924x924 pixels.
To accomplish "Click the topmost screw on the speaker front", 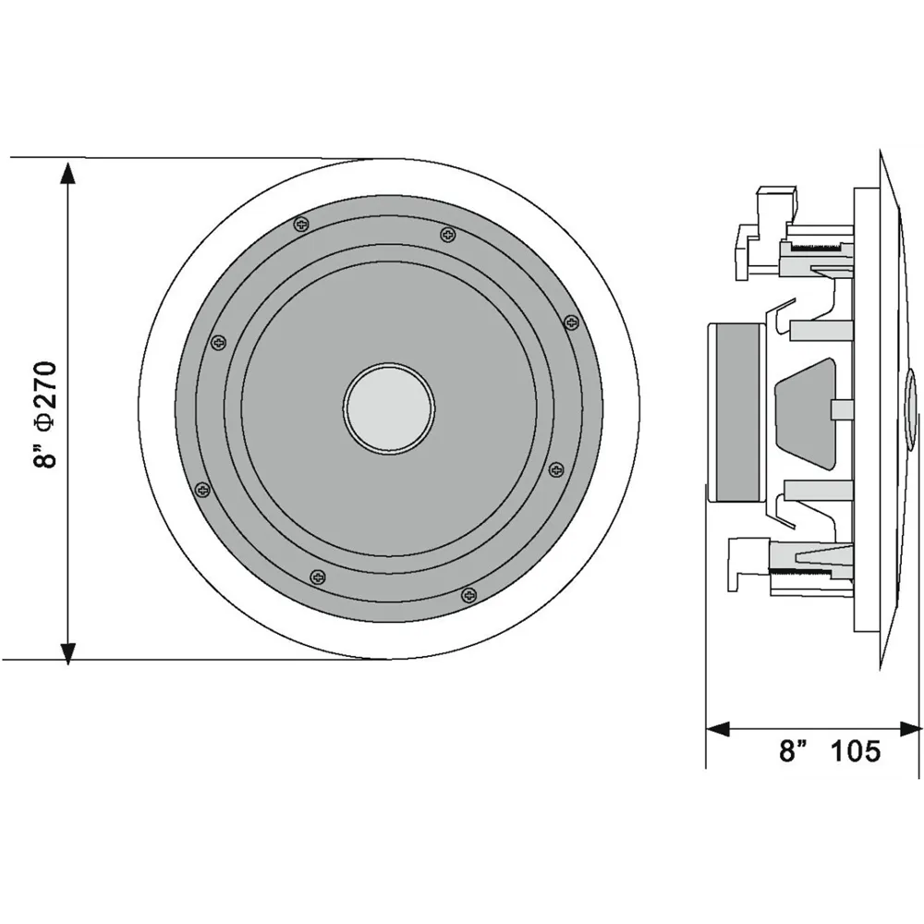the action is pos(302,224).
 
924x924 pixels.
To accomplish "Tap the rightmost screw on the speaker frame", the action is pos(571,322).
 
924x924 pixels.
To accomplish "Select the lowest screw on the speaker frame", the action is pos(469,594).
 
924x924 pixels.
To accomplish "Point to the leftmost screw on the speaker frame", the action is pos(202,489).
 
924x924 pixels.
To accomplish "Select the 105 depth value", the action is pos(855,751).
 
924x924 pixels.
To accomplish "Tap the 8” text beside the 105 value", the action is pos(793,751).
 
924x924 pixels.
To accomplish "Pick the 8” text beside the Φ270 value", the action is pos(44,452).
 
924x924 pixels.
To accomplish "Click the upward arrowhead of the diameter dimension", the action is pos(68,174).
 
